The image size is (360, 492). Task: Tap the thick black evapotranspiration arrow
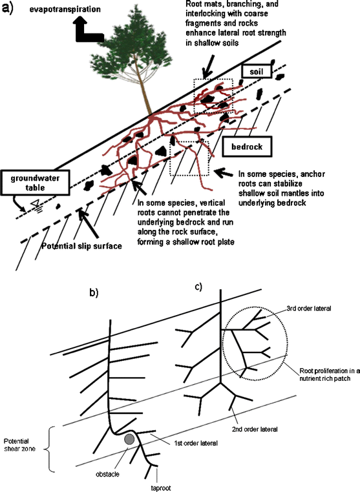click(x=84, y=32)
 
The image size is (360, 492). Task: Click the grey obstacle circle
click(x=130, y=439)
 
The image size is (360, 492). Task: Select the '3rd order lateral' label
click(x=309, y=308)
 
